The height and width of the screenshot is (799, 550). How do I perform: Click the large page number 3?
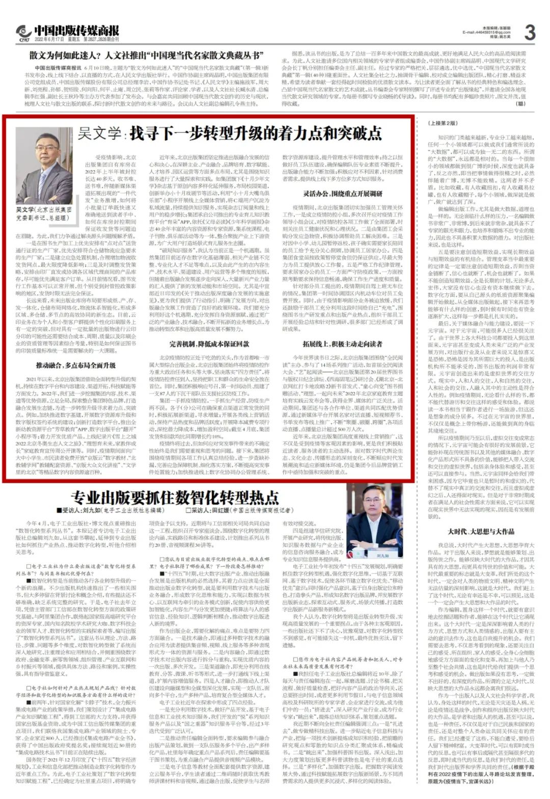(x=530, y=33)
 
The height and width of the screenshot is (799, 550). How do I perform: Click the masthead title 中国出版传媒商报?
(x=76, y=31)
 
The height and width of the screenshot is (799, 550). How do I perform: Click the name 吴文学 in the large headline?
(x=99, y=133)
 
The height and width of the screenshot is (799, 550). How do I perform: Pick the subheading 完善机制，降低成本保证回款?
(x=209, y=344)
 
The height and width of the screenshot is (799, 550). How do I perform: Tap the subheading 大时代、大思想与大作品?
(x=481, y=532)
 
